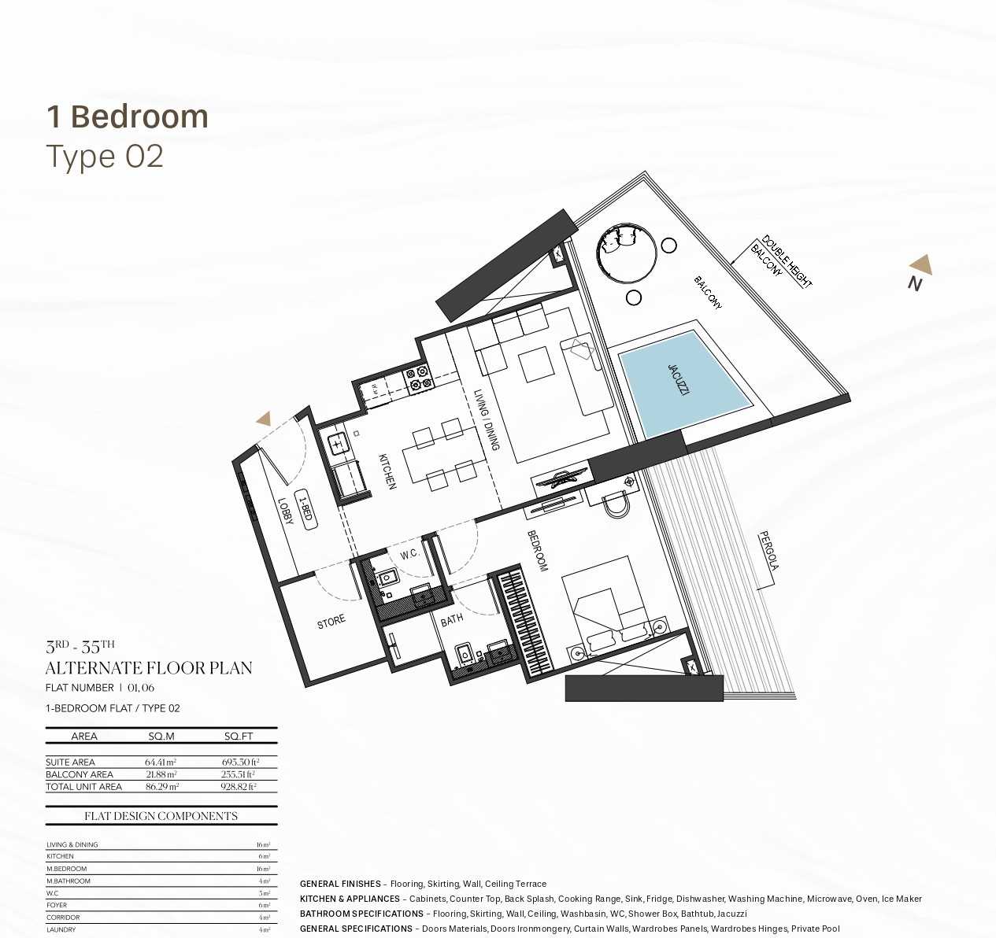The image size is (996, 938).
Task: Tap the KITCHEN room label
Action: [387, 471]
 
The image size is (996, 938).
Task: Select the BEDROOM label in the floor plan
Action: [538, 550]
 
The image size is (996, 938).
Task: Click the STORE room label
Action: [331, 622]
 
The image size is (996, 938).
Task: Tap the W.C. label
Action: [409, 555]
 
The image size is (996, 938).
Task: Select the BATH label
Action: [452, 621]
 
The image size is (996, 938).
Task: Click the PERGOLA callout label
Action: [768, 551]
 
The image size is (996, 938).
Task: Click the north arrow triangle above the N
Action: [921, 264]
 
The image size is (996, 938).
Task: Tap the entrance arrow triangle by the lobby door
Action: [263, 419]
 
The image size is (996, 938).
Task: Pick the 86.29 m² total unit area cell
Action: [161, 786]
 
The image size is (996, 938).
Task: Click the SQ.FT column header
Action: [239, 737]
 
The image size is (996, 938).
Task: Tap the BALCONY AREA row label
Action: [80, 774]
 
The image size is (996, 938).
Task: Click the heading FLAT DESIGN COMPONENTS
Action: [161, 816]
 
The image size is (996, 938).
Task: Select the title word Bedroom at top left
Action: [139, 116]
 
